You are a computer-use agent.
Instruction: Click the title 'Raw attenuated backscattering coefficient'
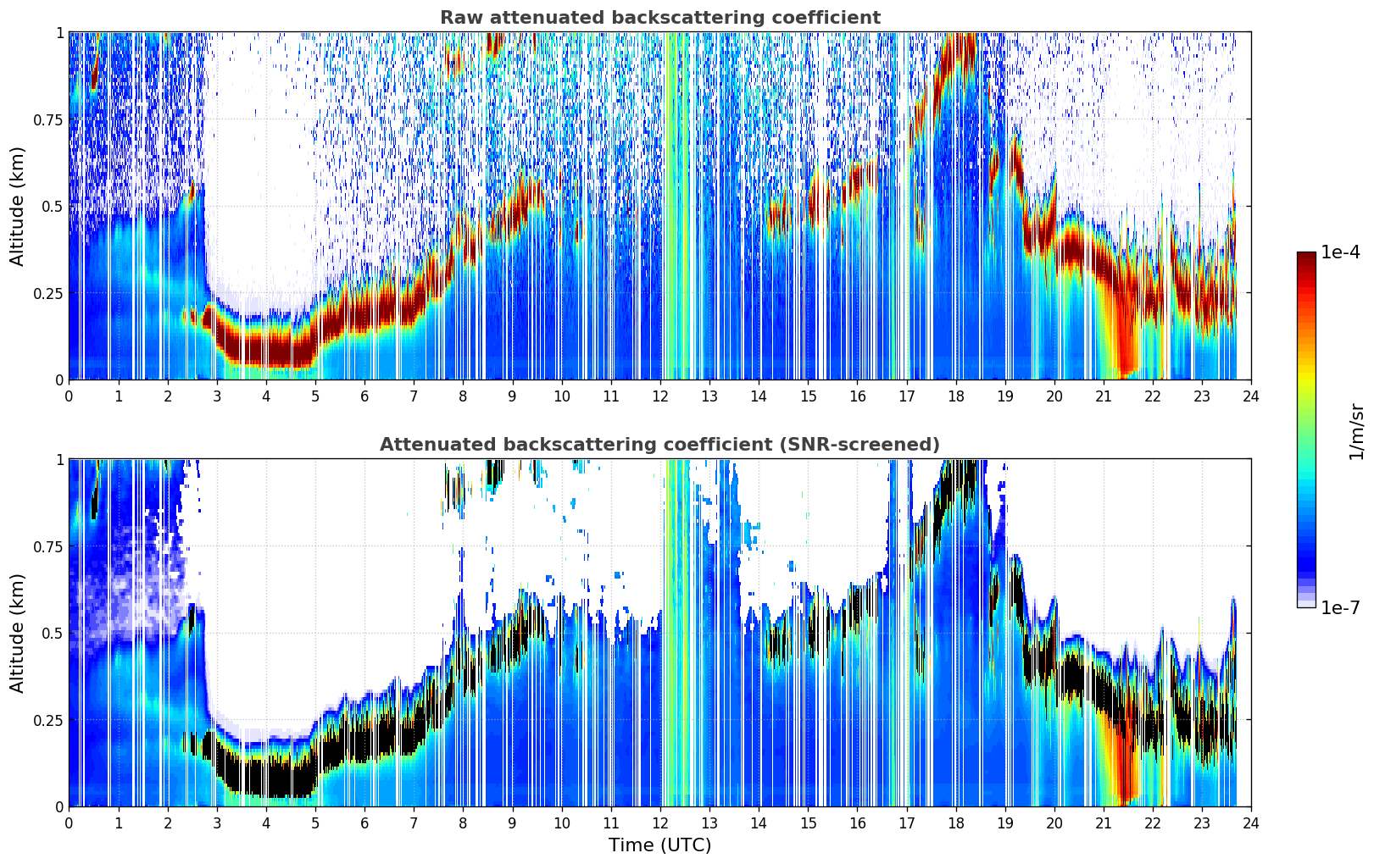[660, 17]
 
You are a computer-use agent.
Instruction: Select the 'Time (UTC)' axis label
[660, 845]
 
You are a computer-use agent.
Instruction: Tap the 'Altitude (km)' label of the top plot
[17, 206]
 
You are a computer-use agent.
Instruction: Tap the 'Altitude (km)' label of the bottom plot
[17, 633]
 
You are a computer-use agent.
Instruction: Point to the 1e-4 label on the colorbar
[1340, 252]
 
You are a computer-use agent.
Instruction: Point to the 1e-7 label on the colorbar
[1340, 608]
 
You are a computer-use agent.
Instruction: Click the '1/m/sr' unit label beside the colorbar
[1356, 431]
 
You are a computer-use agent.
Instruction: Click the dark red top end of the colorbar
[1306, 255]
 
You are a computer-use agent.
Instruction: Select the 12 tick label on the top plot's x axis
[660, 396]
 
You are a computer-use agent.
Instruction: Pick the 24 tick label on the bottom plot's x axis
[1251, 823]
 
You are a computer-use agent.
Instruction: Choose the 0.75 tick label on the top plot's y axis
[47, 119]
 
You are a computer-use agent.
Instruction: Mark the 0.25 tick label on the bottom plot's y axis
[47, 720]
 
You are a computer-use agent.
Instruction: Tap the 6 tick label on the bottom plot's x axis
[364, 823]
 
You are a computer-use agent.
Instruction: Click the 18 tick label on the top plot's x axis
[955, 396]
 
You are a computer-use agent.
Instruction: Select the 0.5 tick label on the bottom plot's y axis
[52, 633]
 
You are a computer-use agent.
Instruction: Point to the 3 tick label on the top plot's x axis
[216, 396]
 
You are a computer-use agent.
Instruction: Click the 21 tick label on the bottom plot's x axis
[1104, 823]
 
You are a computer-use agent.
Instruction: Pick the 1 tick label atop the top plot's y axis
[60, 32]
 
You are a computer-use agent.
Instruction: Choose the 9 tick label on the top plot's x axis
[512, 396]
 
